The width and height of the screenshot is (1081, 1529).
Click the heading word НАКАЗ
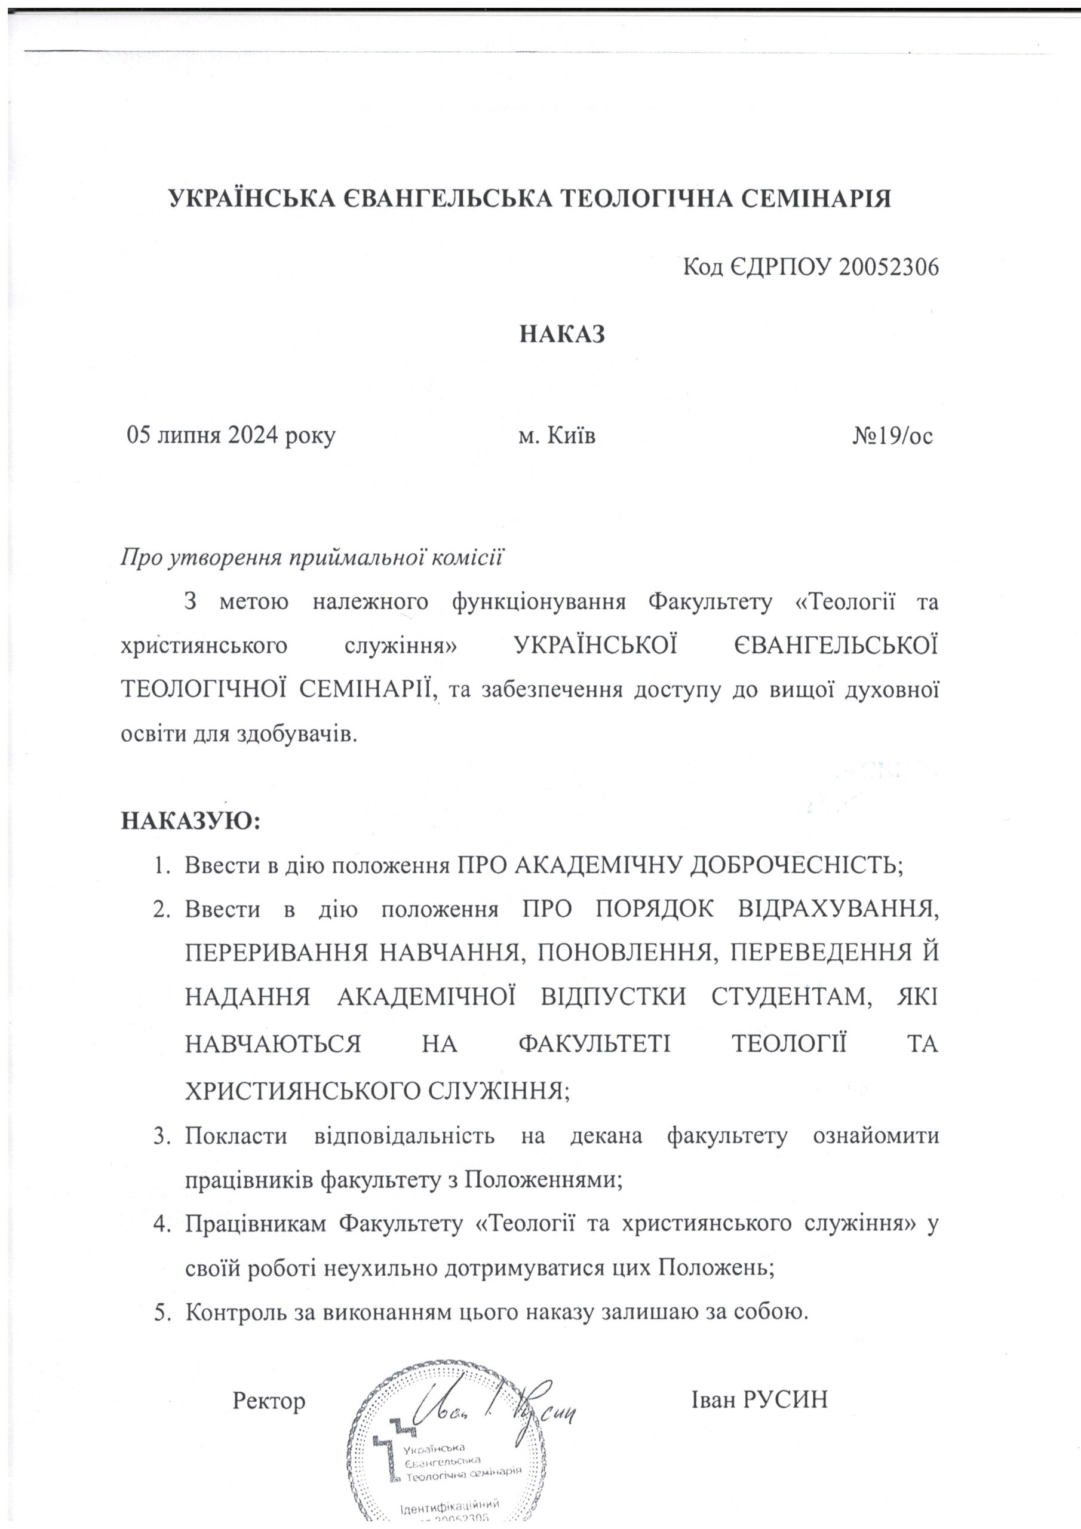click(562, 334)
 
